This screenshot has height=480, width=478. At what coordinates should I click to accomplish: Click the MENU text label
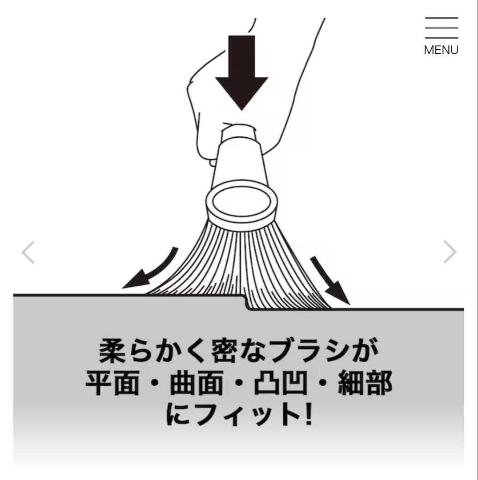tap(441, 50)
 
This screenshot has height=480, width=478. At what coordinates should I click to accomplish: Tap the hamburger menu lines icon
tap(441, 28)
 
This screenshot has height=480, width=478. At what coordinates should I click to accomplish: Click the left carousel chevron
tap(28, 252)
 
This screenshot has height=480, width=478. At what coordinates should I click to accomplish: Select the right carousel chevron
tap(450, 252)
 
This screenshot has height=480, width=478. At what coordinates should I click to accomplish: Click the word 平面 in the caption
tap(112, 383)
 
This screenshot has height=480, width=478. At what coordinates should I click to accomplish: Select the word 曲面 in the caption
tap(196, 383)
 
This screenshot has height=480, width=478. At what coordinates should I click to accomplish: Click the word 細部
tap(365, 383)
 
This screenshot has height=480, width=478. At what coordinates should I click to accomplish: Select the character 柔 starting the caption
tap(112, 351)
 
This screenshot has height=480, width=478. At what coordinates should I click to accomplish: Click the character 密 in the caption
tap(225, 351)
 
